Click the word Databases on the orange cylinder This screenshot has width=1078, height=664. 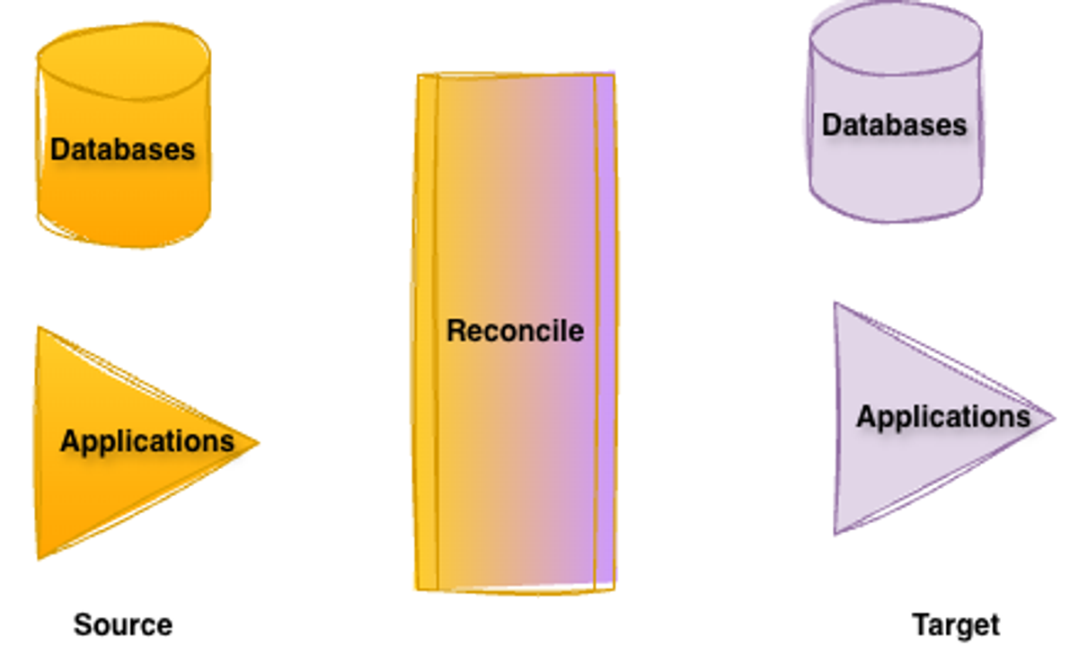click(x=123, y=149)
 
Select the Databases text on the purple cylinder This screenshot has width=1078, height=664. click(x=895, y=124)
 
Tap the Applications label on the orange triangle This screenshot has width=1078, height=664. click(x=147, y=441)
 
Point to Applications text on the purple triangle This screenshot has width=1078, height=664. click(x=943, y=417)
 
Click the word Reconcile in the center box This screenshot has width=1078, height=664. click(x=515, y=331)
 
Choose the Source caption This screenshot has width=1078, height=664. click(x=123, y=624)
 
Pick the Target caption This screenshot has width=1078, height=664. click(x=956, y=624)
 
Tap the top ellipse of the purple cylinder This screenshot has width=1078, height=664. click(x=896, y=40)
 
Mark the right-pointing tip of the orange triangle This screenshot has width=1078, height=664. click(x=257, y=442)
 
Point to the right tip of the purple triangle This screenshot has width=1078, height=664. click(x=1053, y=418)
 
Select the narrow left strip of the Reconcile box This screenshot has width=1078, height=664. click(x=428, y=332)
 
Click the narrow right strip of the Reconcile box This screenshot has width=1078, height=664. click(x=604, y=332)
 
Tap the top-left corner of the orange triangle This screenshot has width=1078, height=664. click(x=40, y=329)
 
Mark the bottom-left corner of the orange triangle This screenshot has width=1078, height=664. click(x=40, y=557)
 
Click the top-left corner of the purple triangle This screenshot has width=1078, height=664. click(x=836, y=305)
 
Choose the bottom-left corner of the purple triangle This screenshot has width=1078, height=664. click(x=836, y=533)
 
